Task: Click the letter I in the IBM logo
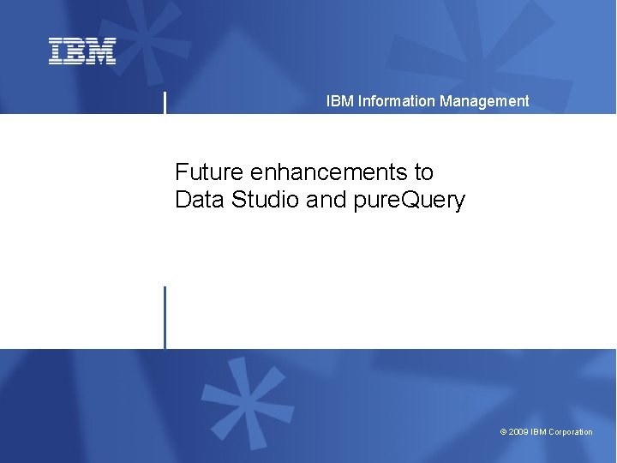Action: (x=56, y=51)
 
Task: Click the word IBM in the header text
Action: (x=339, y=101)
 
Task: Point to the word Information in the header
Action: (x=397, y=101)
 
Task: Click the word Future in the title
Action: (x=209, y=171)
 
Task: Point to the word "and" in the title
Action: (x=326, y=200)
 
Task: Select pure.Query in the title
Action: (x=409, y=201)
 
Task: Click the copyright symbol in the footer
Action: (x=503, y=432)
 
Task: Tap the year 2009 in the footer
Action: (x=518, y=432)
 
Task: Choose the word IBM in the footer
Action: (x=538, y=432)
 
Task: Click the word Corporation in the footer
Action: (x=571, y=432)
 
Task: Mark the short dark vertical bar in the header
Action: (x=165, y=102)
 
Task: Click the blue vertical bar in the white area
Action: (x=165, y=317)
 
